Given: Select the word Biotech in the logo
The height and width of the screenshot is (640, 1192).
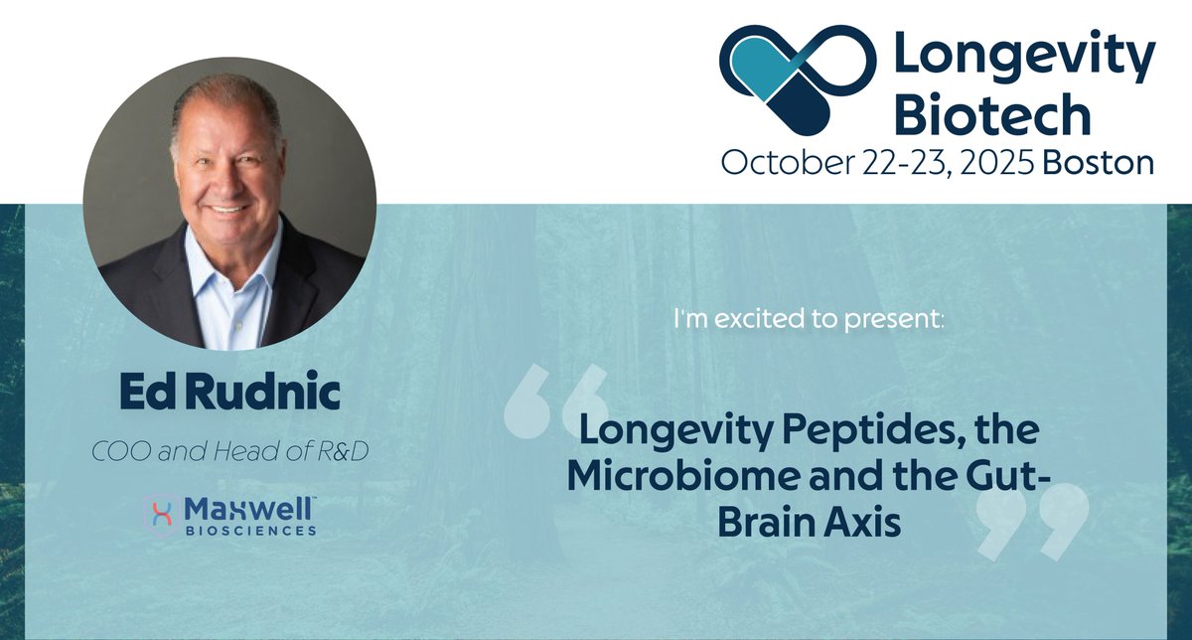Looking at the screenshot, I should point(992,115).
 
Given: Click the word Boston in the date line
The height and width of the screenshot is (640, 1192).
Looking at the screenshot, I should point(1100,163).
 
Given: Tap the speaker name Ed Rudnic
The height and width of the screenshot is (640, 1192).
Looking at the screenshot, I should point(229,394).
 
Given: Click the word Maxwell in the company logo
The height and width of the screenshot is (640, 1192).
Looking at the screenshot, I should point(248,509).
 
